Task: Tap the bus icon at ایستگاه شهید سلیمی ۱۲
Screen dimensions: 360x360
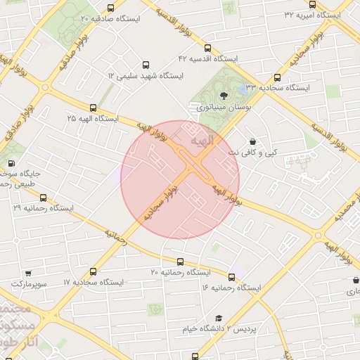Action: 146,64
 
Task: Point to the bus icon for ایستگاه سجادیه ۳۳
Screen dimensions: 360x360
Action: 277,78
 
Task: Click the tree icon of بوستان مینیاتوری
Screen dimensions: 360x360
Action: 223,96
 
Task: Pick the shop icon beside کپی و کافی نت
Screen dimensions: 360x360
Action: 252,141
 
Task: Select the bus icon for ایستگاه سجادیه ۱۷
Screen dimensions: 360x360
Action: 94,271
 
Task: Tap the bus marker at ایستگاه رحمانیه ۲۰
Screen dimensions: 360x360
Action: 181,262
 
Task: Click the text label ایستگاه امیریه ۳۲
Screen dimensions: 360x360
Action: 312,14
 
